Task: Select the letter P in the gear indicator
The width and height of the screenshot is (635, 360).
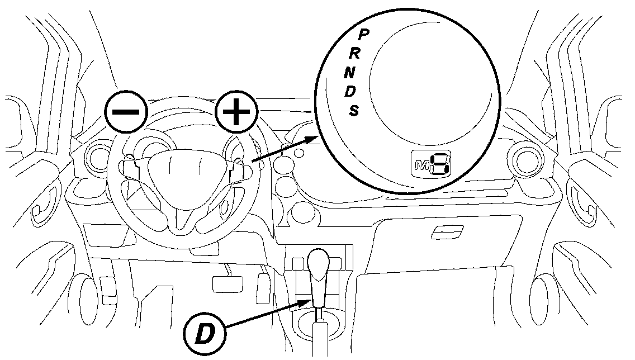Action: [363, 35]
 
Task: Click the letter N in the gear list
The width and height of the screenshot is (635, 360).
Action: [349, 72]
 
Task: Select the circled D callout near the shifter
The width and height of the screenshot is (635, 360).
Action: [205, 335]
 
